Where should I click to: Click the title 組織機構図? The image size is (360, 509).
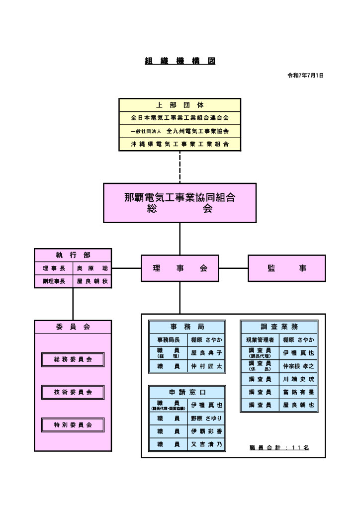click(x=180, y=61)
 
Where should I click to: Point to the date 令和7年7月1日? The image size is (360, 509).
click(x=305, y=76)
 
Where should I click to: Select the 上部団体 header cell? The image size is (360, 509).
click(x=180, y=105)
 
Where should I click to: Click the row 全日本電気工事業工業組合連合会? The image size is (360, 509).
click(x=180, y=118)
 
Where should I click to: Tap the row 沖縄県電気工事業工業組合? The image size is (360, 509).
click(x=180, y=144)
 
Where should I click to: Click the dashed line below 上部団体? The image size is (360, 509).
click(x=180, y=167)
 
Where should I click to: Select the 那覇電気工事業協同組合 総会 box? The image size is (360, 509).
click(x=180, y=203)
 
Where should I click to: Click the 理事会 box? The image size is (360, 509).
click(x=180, y=268)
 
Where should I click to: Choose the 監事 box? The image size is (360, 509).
click(x=286, y=268)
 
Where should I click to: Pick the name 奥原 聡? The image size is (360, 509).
click(x=92, y=268)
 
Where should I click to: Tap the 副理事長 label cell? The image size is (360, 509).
click(x=54, y=281)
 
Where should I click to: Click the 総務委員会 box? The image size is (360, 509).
click(x=73, y=359)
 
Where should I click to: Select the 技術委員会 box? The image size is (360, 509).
click(x=73, y=392)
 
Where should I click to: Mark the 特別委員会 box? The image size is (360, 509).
click(x=73, y=425)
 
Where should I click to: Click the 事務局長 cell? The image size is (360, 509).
click(x=168, y=340)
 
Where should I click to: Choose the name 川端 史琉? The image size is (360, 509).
click(x=298, y=379)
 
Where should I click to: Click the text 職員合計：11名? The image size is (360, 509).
click(x=279, y=447)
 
